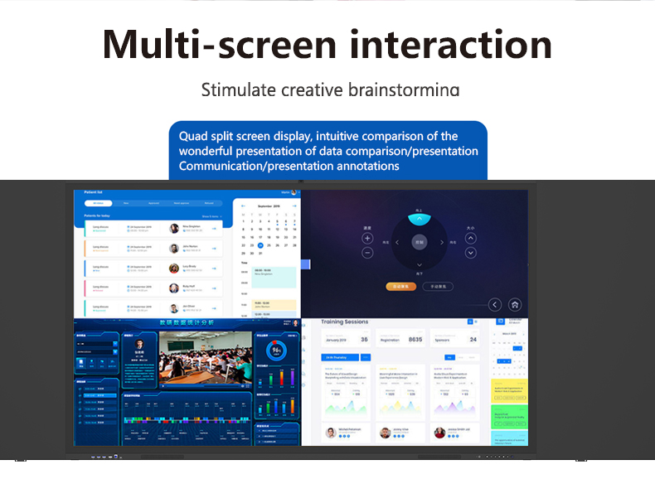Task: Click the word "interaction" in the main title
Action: coord(450,44)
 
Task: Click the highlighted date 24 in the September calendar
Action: coord(260,245)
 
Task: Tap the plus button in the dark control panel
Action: coord(367,239)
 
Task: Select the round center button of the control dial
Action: coord(420,243)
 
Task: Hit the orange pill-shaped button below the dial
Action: coord(400,286)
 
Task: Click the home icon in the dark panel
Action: coord(515,304)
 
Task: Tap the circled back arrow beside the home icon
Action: coord(495,304)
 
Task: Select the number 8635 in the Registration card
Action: coord(415,339)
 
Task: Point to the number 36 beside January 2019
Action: coord(364,339)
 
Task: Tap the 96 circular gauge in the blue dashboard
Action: coord(278,350)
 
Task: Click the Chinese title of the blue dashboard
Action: coord(186,322)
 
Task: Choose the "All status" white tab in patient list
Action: coord(99,202)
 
